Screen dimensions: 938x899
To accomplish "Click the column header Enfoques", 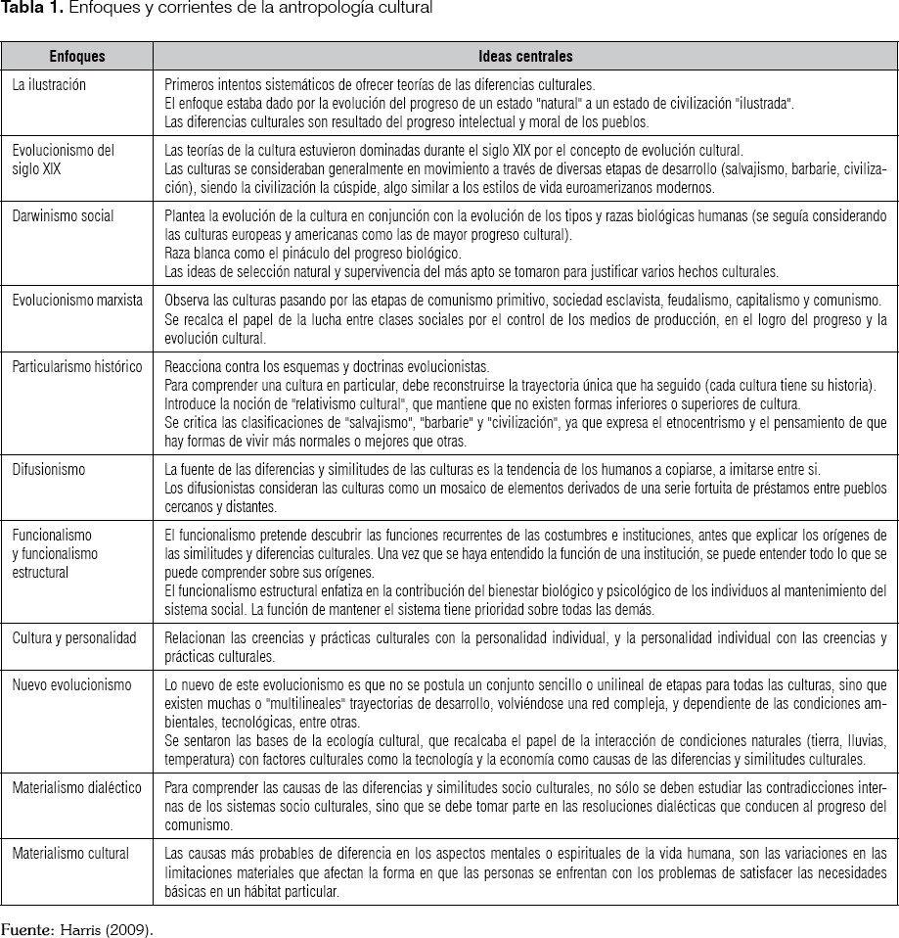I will (77, 57).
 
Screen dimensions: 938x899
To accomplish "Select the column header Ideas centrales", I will (525, 57).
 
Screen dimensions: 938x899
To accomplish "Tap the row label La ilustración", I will (49, 85).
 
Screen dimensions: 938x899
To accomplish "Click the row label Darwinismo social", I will (63, 216).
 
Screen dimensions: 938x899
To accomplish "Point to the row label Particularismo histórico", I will (76, 367).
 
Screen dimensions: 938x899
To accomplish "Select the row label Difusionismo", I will (48, 470).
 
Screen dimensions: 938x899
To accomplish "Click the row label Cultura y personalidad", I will (74, 637).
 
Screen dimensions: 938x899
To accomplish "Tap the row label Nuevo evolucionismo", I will (71, 685).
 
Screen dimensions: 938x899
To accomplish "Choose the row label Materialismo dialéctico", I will (76, 787).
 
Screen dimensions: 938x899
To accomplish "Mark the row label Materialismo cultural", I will (70, 853).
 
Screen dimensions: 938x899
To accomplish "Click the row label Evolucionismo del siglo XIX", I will (63, 159).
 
